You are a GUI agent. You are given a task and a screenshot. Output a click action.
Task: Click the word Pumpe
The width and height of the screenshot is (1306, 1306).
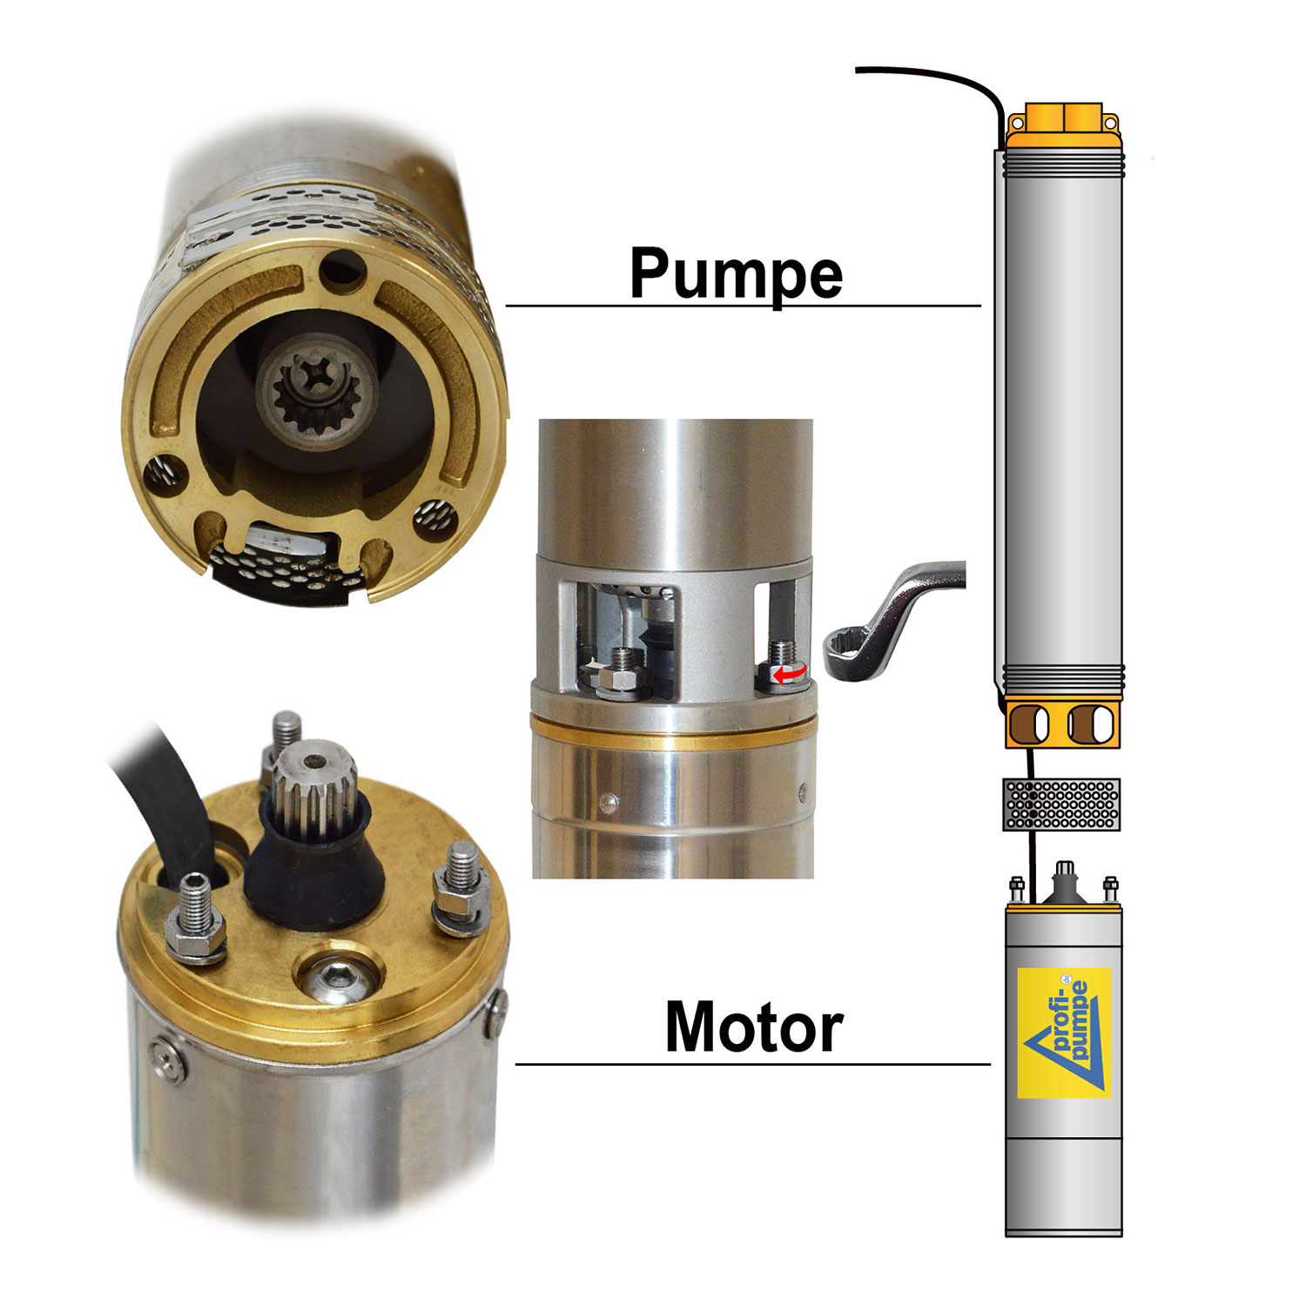pos(736,273)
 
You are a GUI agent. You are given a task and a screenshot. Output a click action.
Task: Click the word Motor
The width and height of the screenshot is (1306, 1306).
pos(754,1027)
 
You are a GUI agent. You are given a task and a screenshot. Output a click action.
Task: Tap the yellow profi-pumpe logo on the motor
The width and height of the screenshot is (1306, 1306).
pos(1064,1032)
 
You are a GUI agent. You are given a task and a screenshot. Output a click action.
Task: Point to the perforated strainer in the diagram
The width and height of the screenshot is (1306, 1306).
pos(1061,804)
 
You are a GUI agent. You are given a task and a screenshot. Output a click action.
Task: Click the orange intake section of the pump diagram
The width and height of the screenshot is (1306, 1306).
pos(1063,723)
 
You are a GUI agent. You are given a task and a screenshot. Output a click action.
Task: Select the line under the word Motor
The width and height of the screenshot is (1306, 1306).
pos(753,1064)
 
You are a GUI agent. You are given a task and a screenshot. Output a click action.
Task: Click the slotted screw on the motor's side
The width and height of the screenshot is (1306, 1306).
pos(169,1059)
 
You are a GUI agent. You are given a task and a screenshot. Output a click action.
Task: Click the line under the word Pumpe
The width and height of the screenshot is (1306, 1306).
pos(743,306)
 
